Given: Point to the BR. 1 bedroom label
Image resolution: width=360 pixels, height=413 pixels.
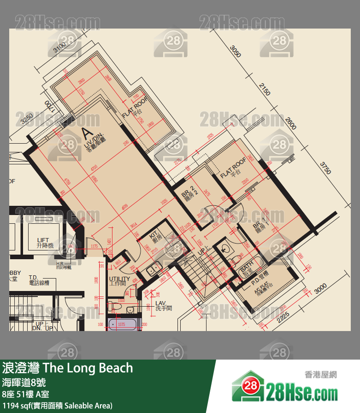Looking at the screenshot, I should tap(260, 225).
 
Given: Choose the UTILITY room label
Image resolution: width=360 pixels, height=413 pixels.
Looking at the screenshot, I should tap(119, 281).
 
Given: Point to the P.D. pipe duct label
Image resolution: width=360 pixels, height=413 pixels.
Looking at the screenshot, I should tap(260, 279).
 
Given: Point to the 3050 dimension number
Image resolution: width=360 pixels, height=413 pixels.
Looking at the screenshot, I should tap(236, 51).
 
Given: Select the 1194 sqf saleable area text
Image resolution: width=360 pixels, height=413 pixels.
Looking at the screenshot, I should tap(57, 406).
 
